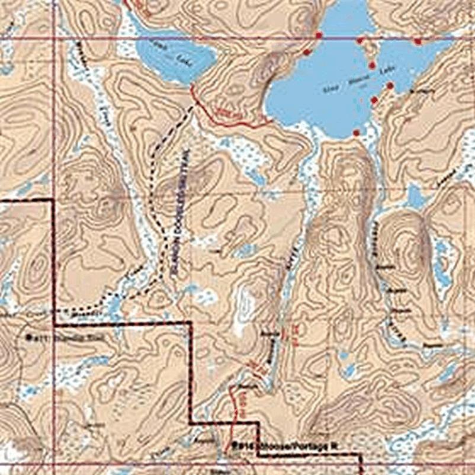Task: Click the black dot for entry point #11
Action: [28, 337]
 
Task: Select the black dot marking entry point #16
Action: [235, 444]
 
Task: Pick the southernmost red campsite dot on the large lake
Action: [356, 133]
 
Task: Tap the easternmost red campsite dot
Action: [418, 42]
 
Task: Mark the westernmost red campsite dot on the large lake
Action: [306, 52]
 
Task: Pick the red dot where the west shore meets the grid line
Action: [319, 36]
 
